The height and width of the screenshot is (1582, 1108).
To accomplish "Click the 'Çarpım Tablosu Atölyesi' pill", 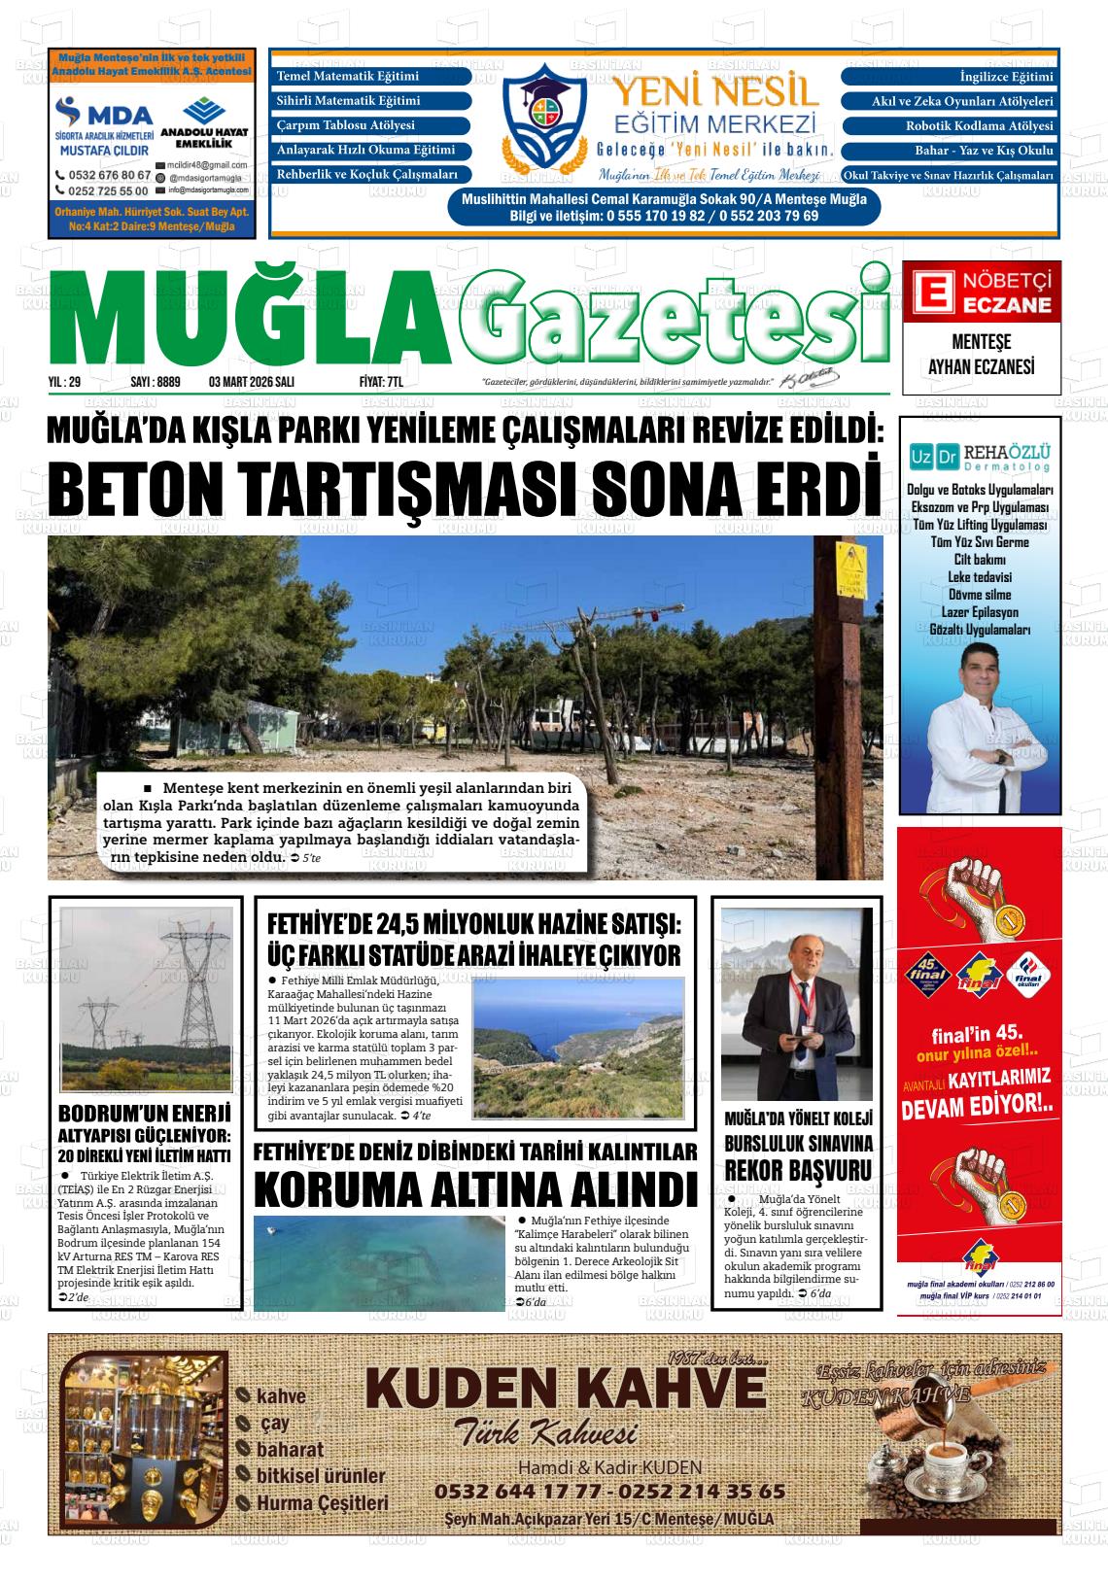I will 372,125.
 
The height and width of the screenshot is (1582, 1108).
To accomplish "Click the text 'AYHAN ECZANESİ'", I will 982,367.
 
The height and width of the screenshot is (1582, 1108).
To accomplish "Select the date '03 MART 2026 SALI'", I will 252,383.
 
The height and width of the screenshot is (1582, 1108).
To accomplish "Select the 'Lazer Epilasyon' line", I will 980,612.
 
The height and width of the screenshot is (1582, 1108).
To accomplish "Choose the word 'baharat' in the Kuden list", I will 290,1450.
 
